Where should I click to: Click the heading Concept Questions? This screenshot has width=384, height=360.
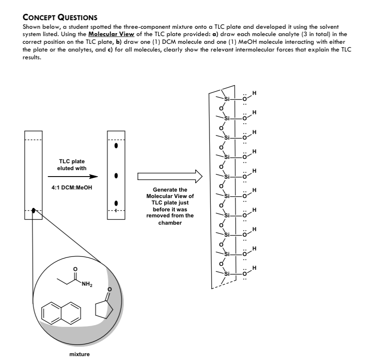pyautogui.click(x=60, y=18)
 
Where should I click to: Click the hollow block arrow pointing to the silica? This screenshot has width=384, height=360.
pyautogui.click(x=169, y=176)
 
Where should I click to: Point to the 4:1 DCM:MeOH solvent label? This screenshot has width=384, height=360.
pyautogui.click(x=73, y=188)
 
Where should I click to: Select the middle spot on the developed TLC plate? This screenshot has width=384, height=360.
pyautogui.click(x=116, y=176)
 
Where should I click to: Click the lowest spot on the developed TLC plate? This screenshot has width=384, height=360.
pyautogui.click(x=116, y=203)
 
